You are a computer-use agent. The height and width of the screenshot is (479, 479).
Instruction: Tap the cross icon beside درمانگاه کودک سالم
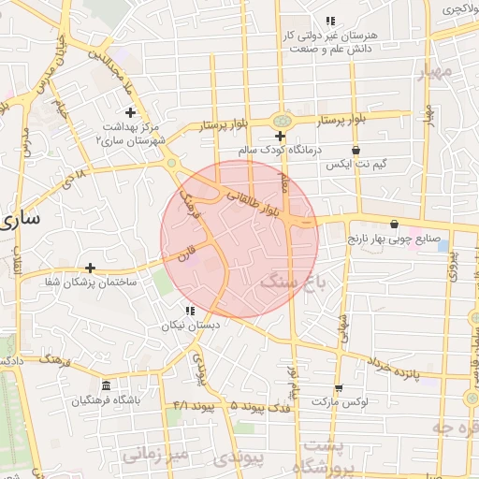point(280,137)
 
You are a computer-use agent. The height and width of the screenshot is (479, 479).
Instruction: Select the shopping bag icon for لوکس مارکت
point(338,387)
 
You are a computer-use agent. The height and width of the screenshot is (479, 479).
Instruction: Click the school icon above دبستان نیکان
point(190,311)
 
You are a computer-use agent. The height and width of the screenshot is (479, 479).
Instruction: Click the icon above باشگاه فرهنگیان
point(105,386)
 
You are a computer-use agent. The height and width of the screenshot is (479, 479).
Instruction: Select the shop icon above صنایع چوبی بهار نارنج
point(394,224)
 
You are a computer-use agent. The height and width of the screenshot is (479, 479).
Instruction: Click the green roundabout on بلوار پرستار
point(280,121)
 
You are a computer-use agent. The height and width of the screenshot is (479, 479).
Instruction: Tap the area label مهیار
point(436,71)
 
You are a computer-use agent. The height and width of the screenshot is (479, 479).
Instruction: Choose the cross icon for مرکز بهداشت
point(143,112)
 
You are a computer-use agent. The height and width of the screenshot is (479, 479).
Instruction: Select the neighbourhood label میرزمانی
point(154,454)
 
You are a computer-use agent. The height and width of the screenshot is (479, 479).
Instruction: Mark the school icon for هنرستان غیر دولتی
point(329,21)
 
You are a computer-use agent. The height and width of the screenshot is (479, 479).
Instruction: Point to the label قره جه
point(454,428)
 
